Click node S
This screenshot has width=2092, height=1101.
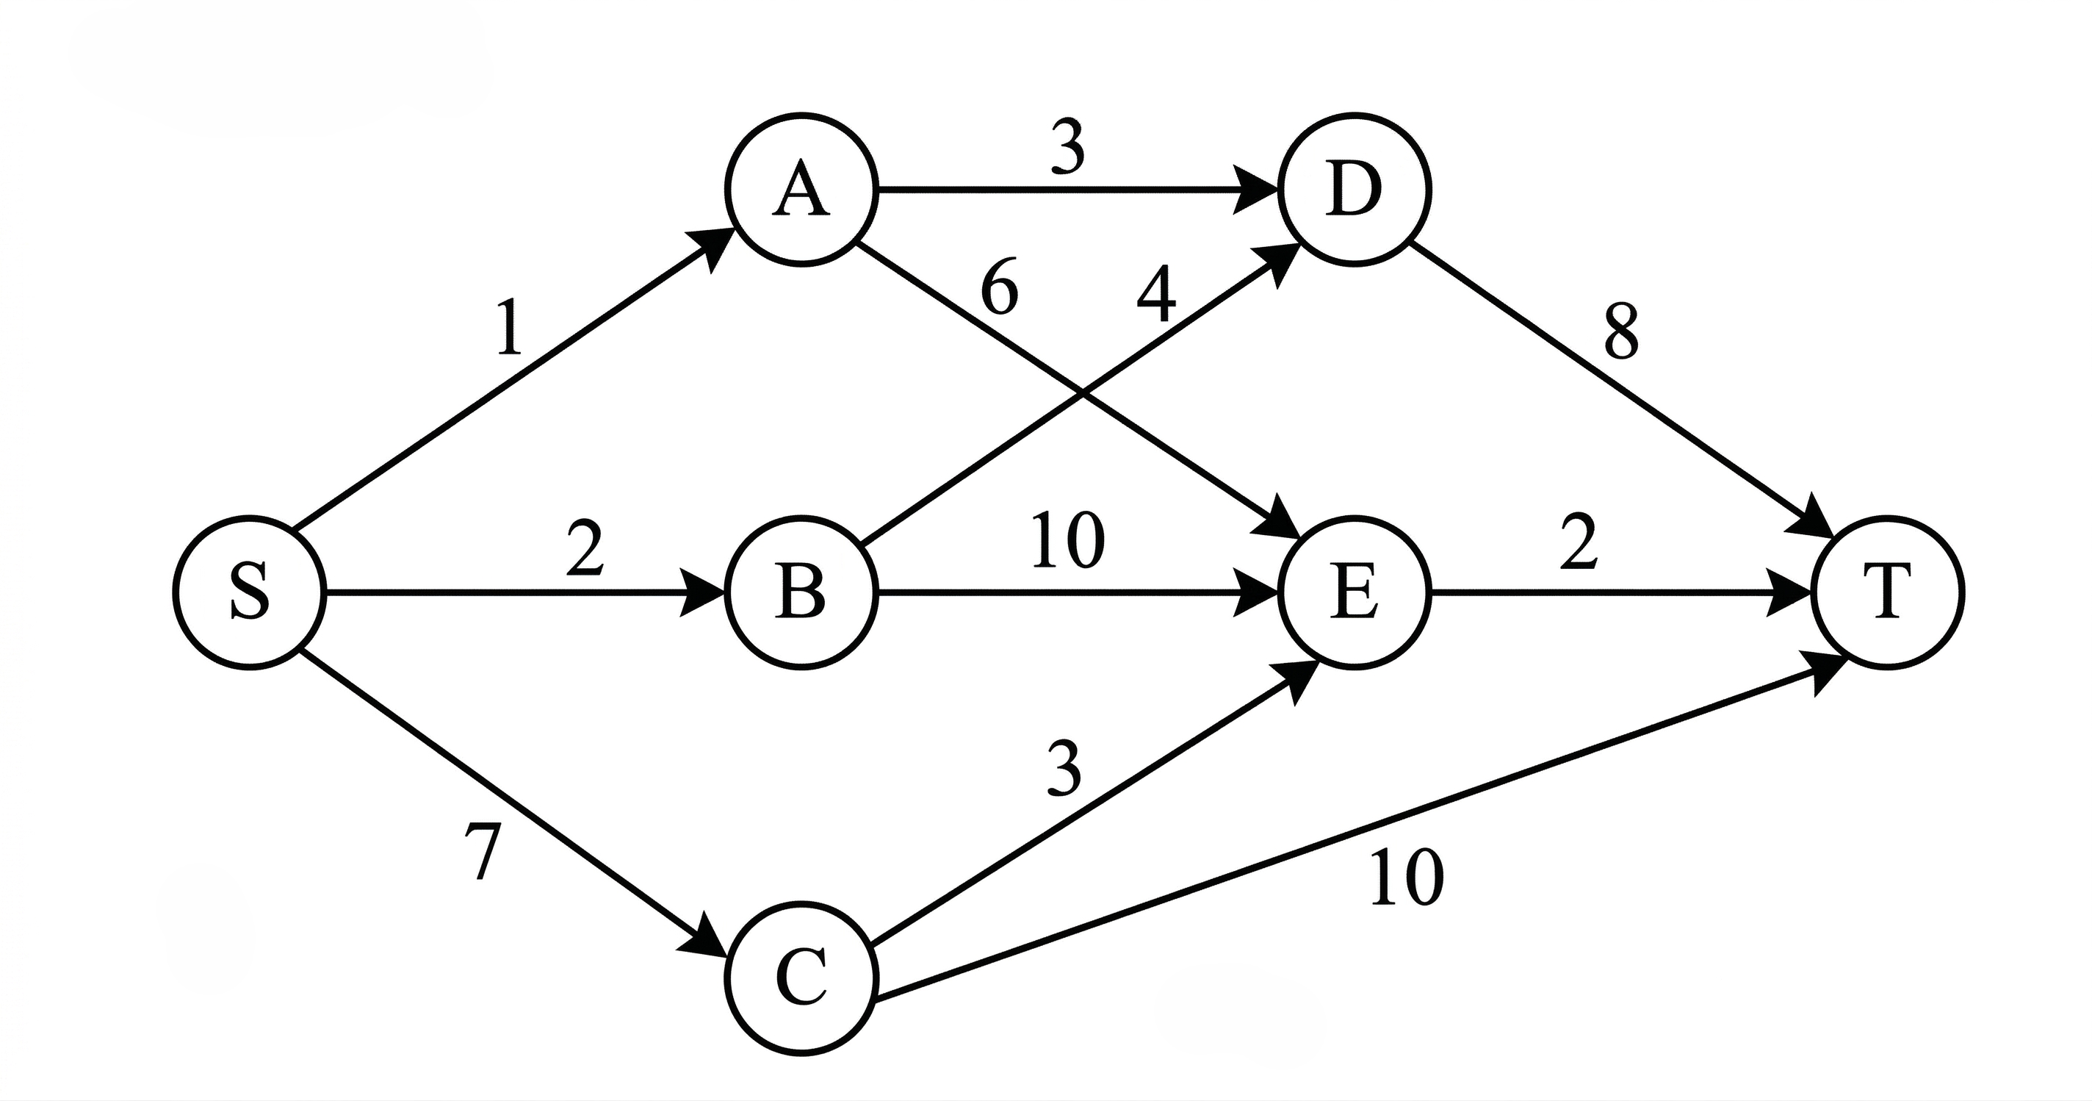coord(249,592)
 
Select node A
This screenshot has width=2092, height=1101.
coord(801,190)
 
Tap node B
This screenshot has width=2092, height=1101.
coord(801,592)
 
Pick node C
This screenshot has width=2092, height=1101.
coord(801,978)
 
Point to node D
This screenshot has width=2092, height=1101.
coord(1354,190)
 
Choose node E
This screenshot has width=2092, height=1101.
coord(1354,592)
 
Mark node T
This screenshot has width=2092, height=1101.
coord(1886,592)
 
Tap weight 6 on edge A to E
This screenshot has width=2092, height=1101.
coord(999,288)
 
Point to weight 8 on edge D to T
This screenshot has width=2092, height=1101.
coord(1622,332)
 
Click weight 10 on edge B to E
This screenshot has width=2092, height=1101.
coord(1068,540)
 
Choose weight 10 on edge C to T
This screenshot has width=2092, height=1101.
coord(1407,878)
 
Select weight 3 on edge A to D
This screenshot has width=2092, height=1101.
coord(1067,148)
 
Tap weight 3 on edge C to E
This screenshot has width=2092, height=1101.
coord(1064,770)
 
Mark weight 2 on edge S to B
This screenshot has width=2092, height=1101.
coord(585,549)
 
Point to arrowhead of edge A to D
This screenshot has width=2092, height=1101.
coord(1255,190)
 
